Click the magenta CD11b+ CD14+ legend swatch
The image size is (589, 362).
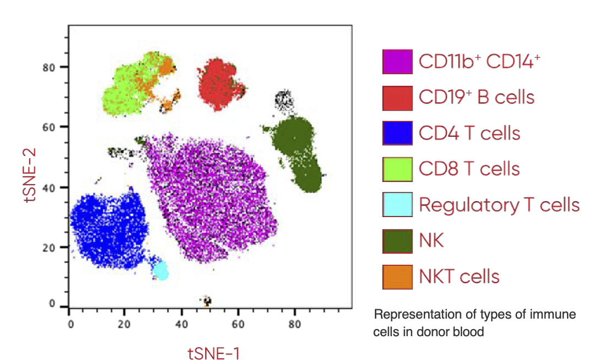[x=397, y=62]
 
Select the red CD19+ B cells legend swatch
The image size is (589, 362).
[x=397, y=97]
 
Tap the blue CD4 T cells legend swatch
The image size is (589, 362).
[x=397, y=133]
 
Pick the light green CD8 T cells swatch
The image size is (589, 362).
[x=397, y=169]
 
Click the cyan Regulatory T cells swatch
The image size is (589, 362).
[x=397, y=204]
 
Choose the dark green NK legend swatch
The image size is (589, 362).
[x=397, y=241]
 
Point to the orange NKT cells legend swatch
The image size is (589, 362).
[x=397, y=276]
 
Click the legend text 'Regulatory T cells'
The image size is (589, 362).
[x=499, y=205]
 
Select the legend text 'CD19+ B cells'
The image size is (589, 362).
[x=476, y=97]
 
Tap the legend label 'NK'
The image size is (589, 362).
[x=431, y=241]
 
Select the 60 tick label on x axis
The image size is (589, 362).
[x=238, y=324]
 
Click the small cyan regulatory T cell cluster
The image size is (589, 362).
[x=161, y=271]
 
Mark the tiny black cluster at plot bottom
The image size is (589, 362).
[x=206, y=300]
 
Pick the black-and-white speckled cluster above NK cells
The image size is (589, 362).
[x=285, y=100]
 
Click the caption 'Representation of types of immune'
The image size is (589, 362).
[x=475, y=315]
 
